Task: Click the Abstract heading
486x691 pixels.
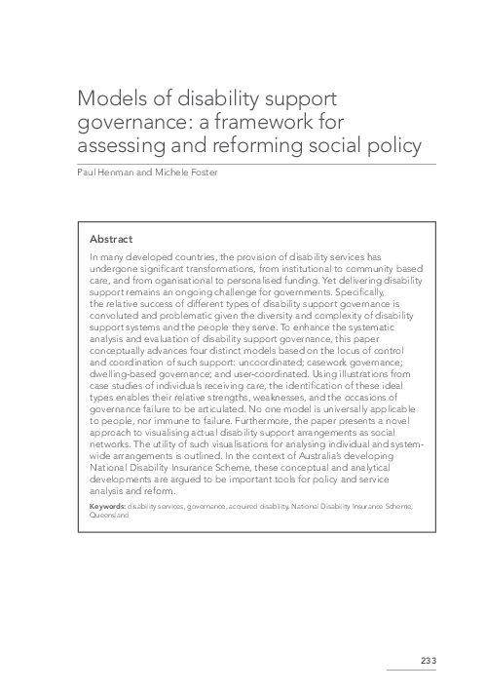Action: [111, 238]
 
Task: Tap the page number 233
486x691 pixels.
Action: [428, 661]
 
